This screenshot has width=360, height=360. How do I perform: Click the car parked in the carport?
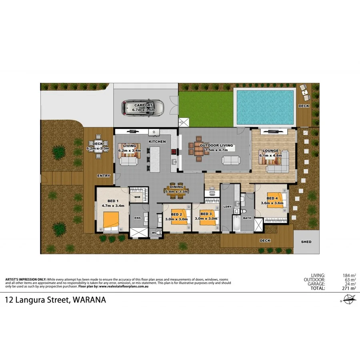pos(143,107)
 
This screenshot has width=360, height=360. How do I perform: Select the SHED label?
pos(306,242)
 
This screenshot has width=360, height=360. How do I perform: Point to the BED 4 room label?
pos(272,198)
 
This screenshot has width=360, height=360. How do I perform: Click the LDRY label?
pos(228,206)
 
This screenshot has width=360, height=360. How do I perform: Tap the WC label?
pos(154,232)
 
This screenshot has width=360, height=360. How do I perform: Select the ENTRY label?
pos(103,176)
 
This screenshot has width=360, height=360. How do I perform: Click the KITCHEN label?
pos(157,142)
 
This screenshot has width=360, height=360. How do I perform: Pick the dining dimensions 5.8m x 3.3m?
pos(176,192)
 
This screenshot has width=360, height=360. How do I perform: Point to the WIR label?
pos(137,197)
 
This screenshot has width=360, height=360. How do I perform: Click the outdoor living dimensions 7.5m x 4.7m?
pos(216,150)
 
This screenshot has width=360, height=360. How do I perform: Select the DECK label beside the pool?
pos(304,106)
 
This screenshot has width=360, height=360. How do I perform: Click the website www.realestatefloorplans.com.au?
pos(125,286)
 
